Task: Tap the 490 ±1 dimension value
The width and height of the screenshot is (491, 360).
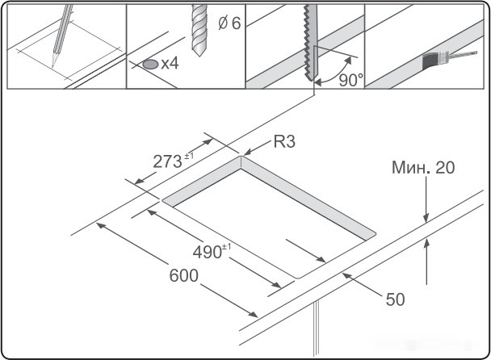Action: tap(212, 252)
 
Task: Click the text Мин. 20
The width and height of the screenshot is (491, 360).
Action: tap(423, 168)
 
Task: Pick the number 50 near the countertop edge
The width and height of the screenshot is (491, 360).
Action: tap(394, 299)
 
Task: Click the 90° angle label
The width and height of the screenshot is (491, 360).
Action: tap(351, 80)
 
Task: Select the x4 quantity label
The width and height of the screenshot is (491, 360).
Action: tap(169, 63)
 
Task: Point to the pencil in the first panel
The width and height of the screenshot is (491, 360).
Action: tap(61, 36)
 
